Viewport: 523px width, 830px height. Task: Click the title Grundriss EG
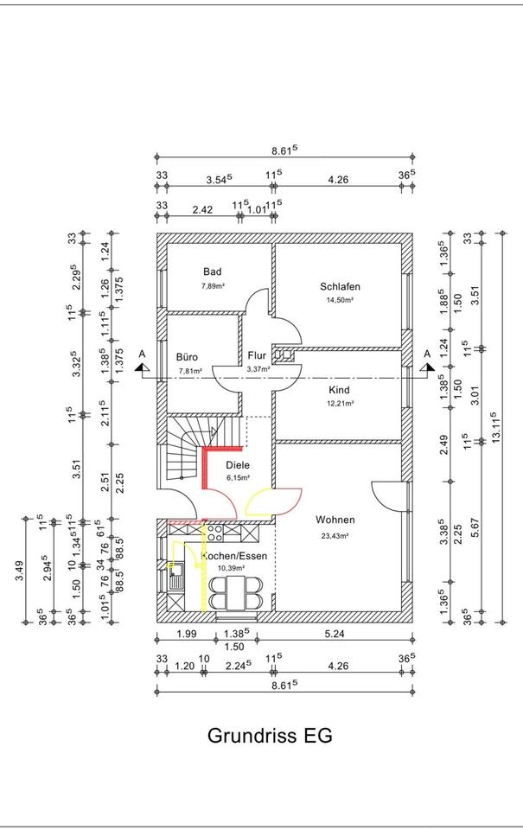coord(270,737)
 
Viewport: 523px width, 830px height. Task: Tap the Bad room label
coord(213,271)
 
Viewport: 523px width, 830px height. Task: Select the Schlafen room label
coord(340,287)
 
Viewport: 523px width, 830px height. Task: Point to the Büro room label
coord(188,356)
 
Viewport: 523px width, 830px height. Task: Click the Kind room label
coord(339,390)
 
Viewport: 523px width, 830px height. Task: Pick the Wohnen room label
coord(335,520)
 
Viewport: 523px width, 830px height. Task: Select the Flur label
coord(258,355)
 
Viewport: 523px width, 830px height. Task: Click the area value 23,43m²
coord(335,536)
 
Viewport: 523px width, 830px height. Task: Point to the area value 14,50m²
coord(340,300)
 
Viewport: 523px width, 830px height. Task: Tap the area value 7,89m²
coord(213,284)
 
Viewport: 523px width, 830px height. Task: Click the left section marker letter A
coord(142,354)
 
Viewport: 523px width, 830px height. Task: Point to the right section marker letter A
coord(426,354)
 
